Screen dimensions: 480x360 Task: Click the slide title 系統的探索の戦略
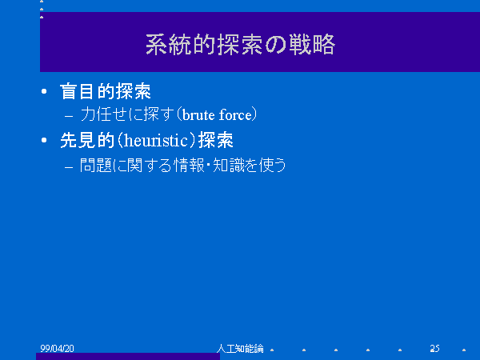coord(240,45)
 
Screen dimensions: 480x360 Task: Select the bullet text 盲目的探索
coord(106,91)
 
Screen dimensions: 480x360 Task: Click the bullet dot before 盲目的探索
coord(44,91)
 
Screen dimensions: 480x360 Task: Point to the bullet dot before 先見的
coord(44,140)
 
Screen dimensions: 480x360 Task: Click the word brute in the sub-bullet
coord(198,115)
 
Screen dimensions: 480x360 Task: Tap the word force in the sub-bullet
coord(235,115)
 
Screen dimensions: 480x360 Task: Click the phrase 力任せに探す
coord(127,114)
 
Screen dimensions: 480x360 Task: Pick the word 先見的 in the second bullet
coord(87,141)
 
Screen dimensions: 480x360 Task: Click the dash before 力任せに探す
coord(69,116)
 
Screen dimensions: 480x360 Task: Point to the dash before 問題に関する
coord(69,167)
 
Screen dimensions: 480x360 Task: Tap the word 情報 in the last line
coord(189,166)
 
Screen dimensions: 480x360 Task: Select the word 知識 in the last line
coord(228,166)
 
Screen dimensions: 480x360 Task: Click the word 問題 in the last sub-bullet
coord(95,166)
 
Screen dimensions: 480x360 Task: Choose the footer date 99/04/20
coord(58,348)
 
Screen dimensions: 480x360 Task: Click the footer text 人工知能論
coord(240,348)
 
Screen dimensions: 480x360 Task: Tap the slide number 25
coord(434,348)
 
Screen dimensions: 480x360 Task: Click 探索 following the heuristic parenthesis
coord(216,141)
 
